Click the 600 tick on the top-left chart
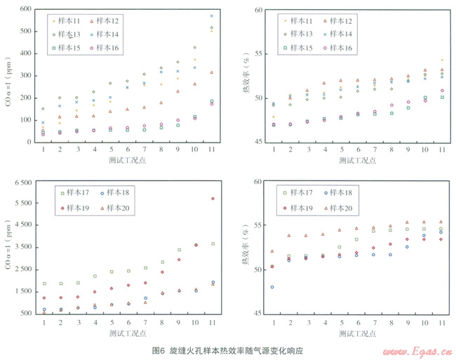[x=26, y=10]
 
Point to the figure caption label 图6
[x=159, y=349]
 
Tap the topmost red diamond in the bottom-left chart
[x=212, y=199]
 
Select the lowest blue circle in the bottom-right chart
[x=272, y=287]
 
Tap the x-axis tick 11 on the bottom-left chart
[x=212, y=322]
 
